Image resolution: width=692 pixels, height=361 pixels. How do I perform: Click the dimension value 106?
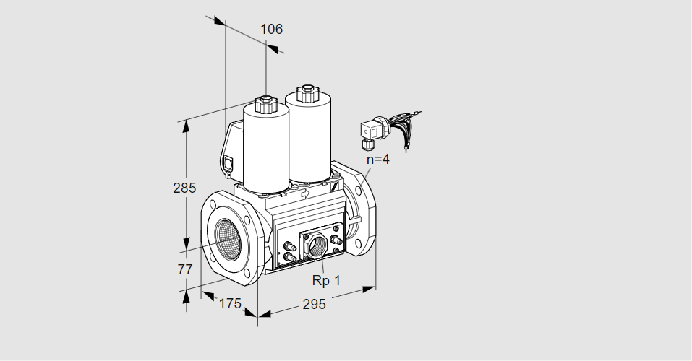click(x=271, y=29)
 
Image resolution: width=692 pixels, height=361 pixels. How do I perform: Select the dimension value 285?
click(x=184, y=188)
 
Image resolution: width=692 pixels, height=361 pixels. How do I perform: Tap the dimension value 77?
click(x=185, y=269)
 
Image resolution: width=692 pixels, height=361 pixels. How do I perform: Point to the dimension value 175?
click(x=231, y=303)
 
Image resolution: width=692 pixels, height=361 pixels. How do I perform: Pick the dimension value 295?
click(x=314, y=304)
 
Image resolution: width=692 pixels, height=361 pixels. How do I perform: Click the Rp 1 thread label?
click(x=326, y=280)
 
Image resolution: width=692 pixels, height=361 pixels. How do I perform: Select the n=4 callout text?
click(x=378, y=159)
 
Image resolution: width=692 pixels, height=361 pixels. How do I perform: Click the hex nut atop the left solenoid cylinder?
click(x=265, y=105)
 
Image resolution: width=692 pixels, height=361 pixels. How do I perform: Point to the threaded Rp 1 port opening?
click(x=317, y=246)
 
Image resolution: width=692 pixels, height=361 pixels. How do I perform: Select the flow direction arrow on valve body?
click(x=305, y=193)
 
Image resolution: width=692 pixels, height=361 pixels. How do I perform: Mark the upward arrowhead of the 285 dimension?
click(x=187, y=126)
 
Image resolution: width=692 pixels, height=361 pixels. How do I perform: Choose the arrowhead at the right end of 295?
click(x=369, y=289)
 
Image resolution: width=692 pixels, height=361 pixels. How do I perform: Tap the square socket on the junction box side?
click(x=228, y=163)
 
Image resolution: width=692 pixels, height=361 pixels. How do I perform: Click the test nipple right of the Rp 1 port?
click(x=336, y=240)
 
